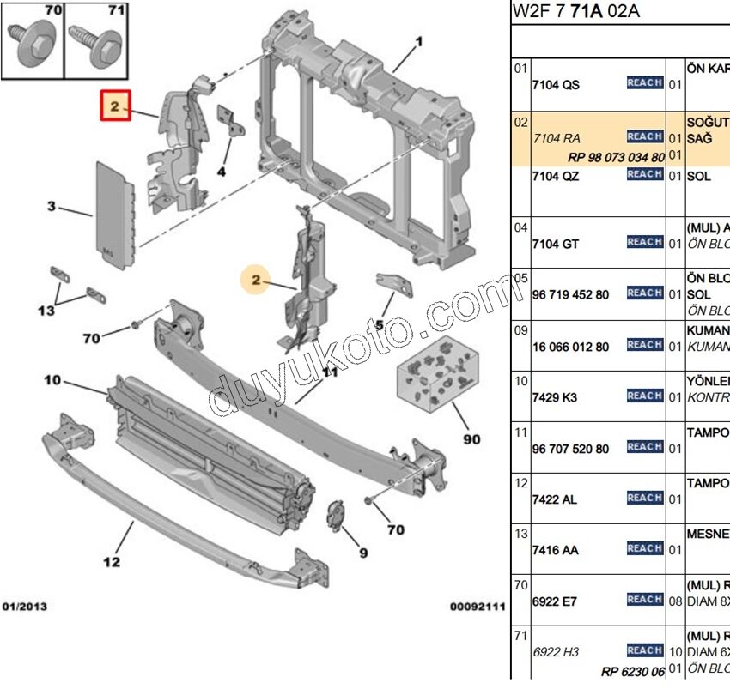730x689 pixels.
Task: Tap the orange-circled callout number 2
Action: [x=255, y=280]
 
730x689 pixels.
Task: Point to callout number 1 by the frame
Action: [x=419, y=41]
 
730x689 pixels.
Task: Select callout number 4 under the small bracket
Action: [x=221, y=172]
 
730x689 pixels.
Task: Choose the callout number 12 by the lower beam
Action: [x=112, y=562]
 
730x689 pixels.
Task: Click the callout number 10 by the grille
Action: [x=52, y=379]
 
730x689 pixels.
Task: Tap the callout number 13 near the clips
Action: [x=46, y=310]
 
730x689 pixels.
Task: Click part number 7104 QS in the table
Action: [x=556, y=84]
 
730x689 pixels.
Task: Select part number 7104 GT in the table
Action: [x=556, y=244]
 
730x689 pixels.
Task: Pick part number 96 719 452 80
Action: [x=570, y=294]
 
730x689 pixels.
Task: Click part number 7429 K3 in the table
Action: [x=555, y=397]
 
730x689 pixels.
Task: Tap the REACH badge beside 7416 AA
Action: [x=644, y=548]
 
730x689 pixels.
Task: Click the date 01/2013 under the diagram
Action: [x=25, y=607]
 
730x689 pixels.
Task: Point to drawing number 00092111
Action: [x=478, y=607]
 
